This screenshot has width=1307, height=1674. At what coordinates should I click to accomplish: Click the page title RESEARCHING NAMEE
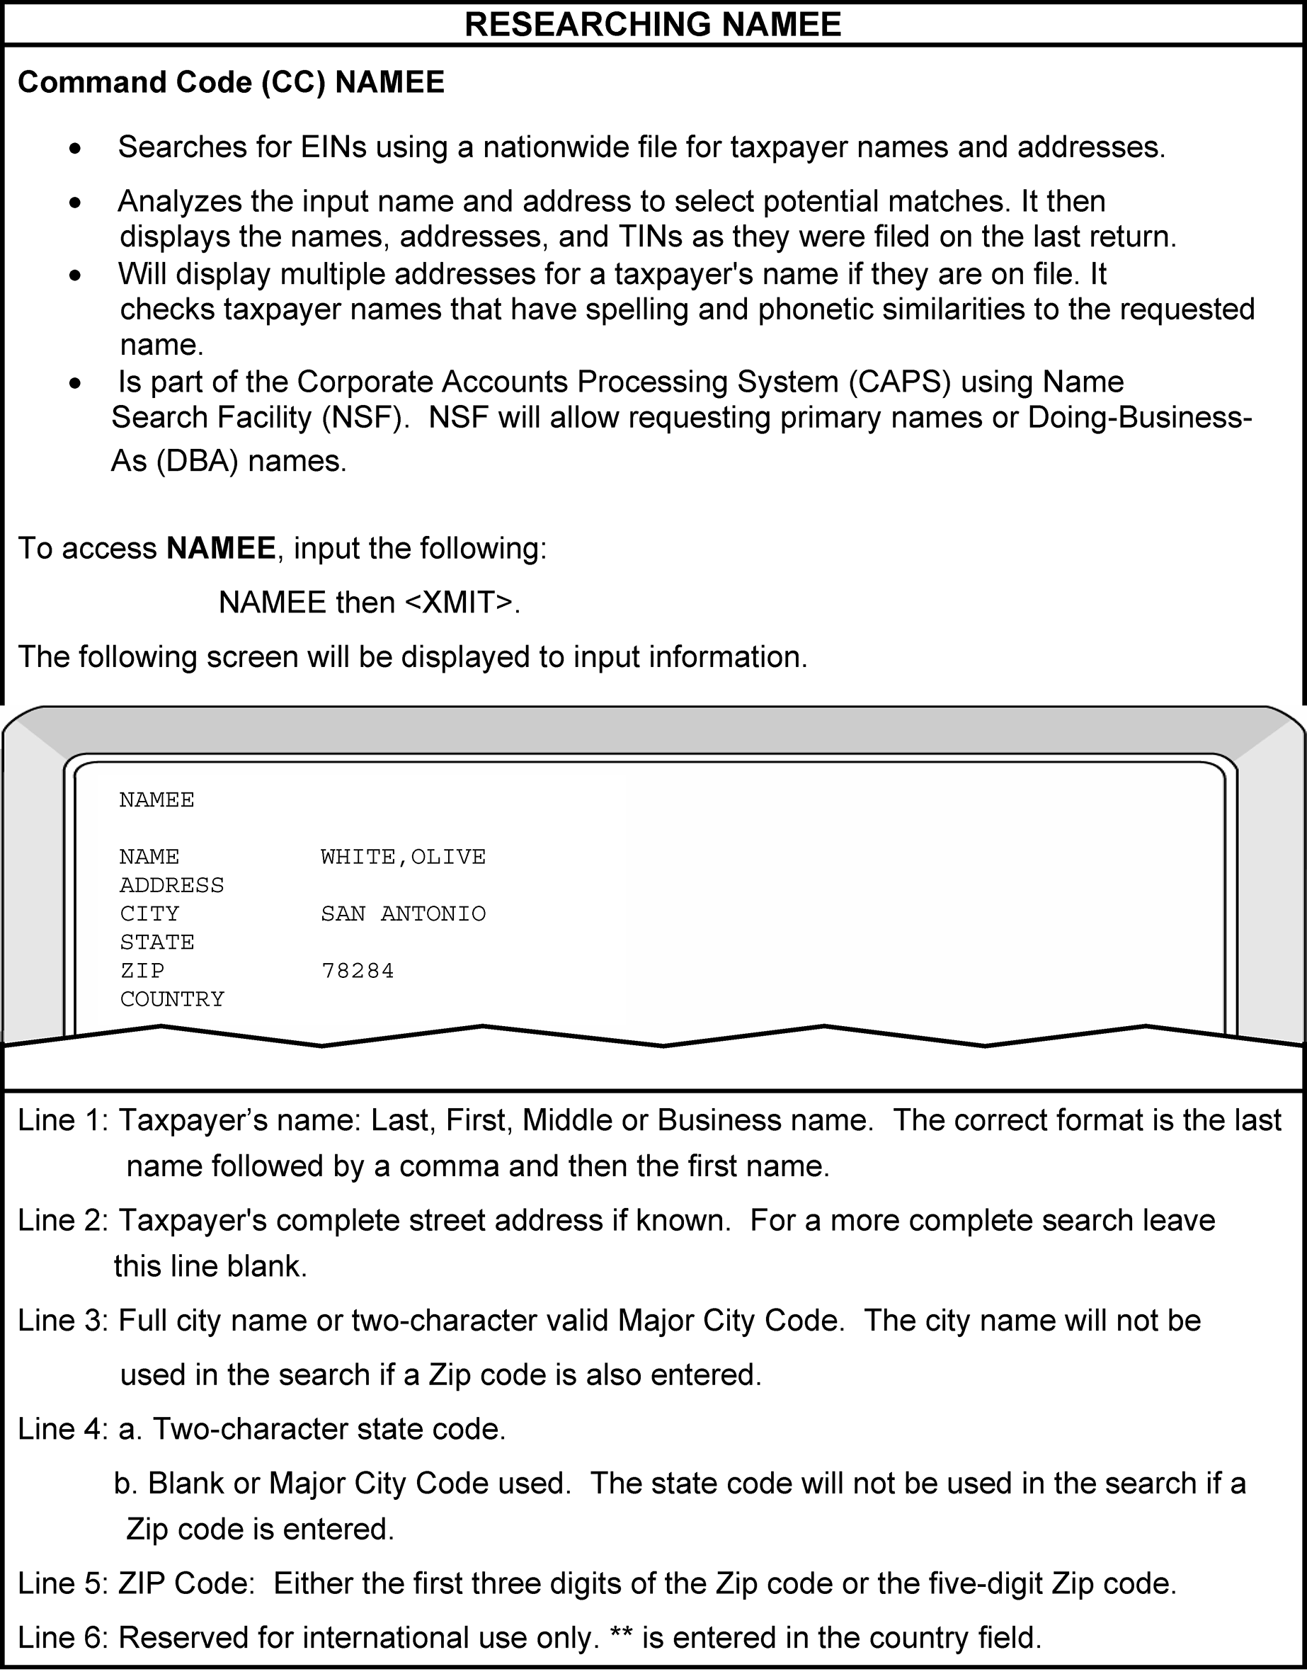click(x=653, y=24)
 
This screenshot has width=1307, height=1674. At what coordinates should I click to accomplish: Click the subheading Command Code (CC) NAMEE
click(x=231, y=82)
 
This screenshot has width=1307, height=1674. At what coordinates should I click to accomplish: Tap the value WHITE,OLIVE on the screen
click(x=402, y=856)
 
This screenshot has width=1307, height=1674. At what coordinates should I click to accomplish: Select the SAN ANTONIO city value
click(x=402, y=913)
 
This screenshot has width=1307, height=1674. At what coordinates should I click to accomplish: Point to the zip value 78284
click(x=358, y=971)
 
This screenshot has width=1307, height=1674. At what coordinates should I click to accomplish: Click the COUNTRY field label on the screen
click(x=172, y=999)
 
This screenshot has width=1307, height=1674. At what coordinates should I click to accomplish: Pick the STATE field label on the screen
click(x=157, y=942)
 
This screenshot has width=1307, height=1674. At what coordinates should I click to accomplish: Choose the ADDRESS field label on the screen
click(x=172, y=885)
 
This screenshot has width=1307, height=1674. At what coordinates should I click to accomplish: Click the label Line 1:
click(x=64, y=1120)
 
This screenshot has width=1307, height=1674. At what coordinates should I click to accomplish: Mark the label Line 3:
click(x=64, y=1320)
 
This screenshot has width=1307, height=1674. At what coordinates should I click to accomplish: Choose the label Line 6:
click(x=64, y=1637)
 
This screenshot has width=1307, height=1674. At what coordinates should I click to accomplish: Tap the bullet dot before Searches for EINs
click(x=74, y=149)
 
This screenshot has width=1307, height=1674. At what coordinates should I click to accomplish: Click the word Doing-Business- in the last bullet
click(x=1140, y=418)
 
